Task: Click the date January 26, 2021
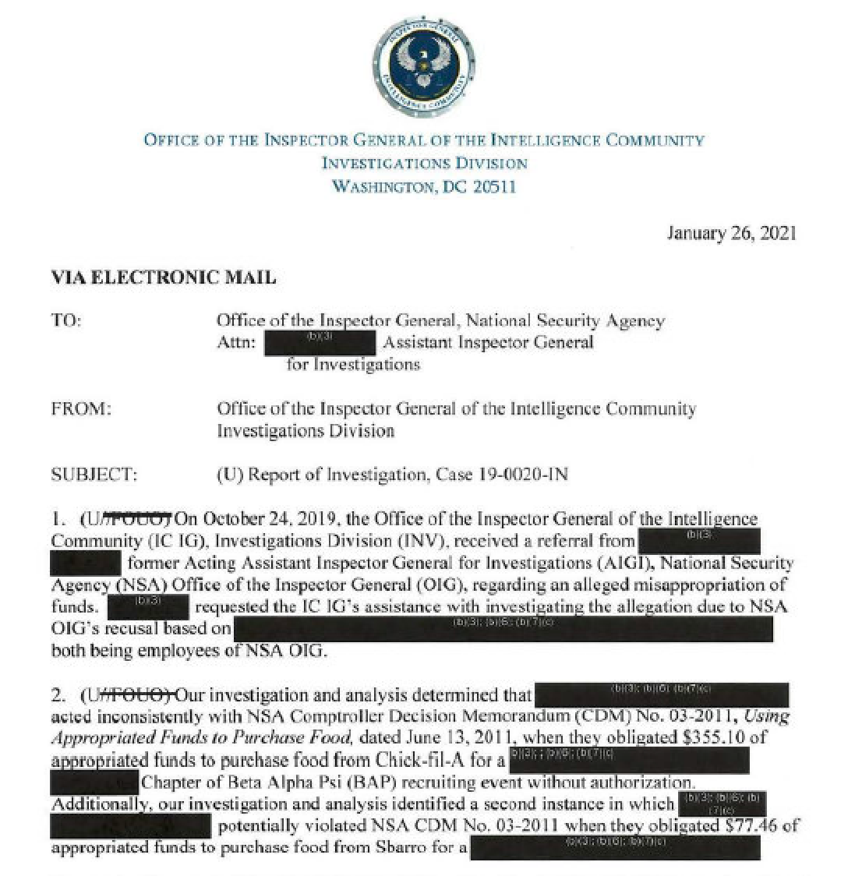731,233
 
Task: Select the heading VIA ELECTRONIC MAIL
163,277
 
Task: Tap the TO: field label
65,320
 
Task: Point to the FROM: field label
81,408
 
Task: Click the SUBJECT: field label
94,474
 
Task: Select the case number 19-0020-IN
524,474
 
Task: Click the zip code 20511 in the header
494,186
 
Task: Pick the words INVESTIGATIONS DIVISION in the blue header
425,164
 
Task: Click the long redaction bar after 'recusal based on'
503,629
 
